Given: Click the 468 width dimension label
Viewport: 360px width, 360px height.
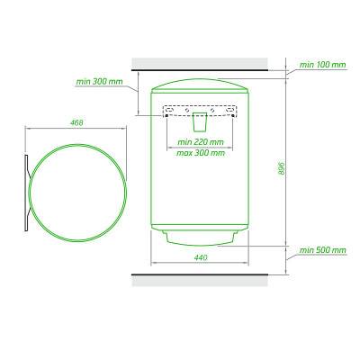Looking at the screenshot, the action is [76, 122].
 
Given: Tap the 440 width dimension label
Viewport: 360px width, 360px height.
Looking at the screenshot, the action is [201, 257].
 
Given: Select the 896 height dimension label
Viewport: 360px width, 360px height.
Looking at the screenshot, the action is [281, 169].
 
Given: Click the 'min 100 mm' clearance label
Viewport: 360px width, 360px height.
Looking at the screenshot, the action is [323, 65].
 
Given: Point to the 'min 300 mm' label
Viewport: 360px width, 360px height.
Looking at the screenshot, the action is [99, 82].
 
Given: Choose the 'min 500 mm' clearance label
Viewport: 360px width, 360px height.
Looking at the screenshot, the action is [323, 250].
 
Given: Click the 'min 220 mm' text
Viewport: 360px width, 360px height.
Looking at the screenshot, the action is [201, 141].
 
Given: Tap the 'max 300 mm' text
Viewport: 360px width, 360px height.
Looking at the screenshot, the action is [201, 153].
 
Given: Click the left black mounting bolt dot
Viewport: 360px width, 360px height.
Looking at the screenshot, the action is [166, 116].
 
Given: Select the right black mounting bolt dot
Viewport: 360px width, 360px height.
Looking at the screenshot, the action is [232, 116].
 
